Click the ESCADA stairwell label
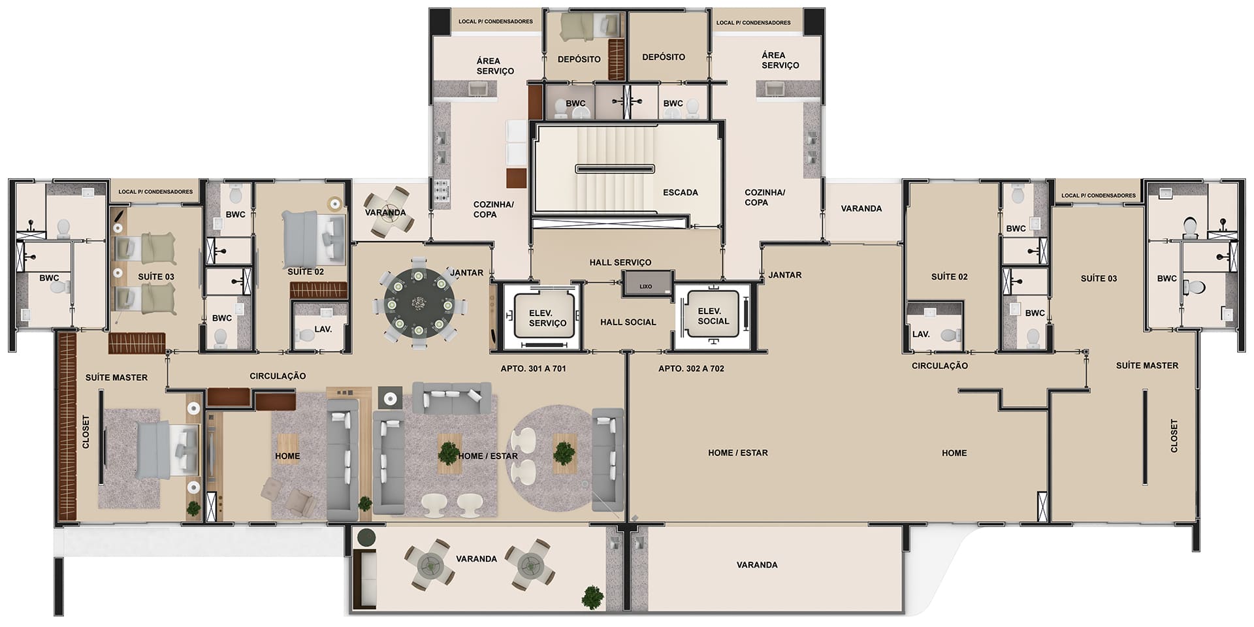click(x=680, y=193)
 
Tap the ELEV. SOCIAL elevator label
click(x=713, y=316)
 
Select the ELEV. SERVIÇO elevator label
click(x=547, y=318)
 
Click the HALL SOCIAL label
click(x=628, y=322)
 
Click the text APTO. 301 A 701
click(x=533, y=368)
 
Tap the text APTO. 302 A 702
click(x=691, y=368)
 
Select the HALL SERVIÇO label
click(x=620, y=263)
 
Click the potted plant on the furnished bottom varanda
click(x=593, y=597)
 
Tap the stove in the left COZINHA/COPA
click(x=441, y=191)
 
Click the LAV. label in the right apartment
click(x=921, y=334)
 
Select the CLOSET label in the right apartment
click(x=1174, y=436)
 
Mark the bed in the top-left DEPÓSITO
click(x=583, y=27)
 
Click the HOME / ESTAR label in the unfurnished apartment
click(x=737, y=453)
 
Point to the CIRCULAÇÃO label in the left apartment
click(x=278, y=376)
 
